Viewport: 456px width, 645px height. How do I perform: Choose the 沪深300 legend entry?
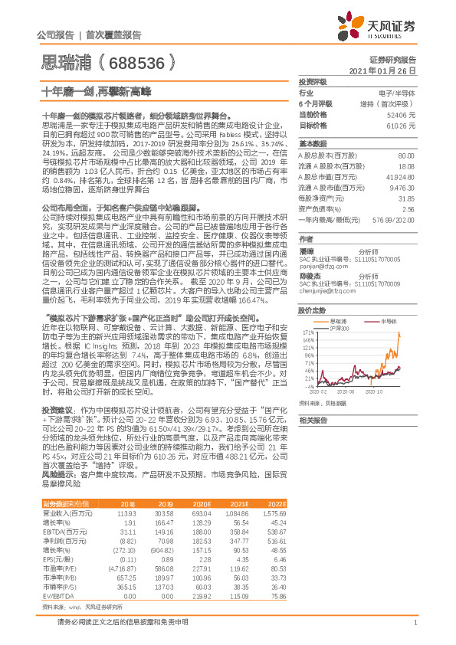[340, 328]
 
